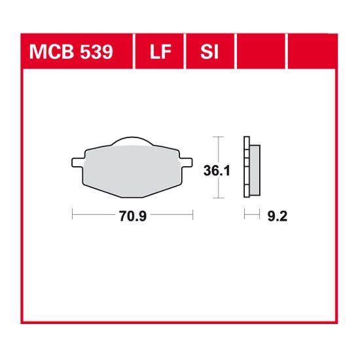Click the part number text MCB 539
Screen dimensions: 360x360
click(x=69, y=51)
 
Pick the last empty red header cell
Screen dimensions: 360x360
click(x=312, y=51)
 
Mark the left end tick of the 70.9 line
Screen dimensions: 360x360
click(x=72, y=213)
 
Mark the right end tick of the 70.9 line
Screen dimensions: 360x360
click(x=193, y=213)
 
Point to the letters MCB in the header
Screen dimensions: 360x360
click(x=48, y=51)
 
